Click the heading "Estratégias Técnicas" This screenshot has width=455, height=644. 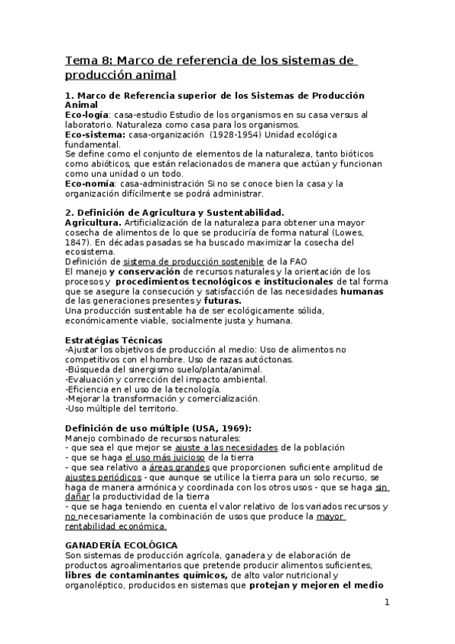tap(115, 339)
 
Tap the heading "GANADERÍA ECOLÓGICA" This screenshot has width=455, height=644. tap(122, 545)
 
